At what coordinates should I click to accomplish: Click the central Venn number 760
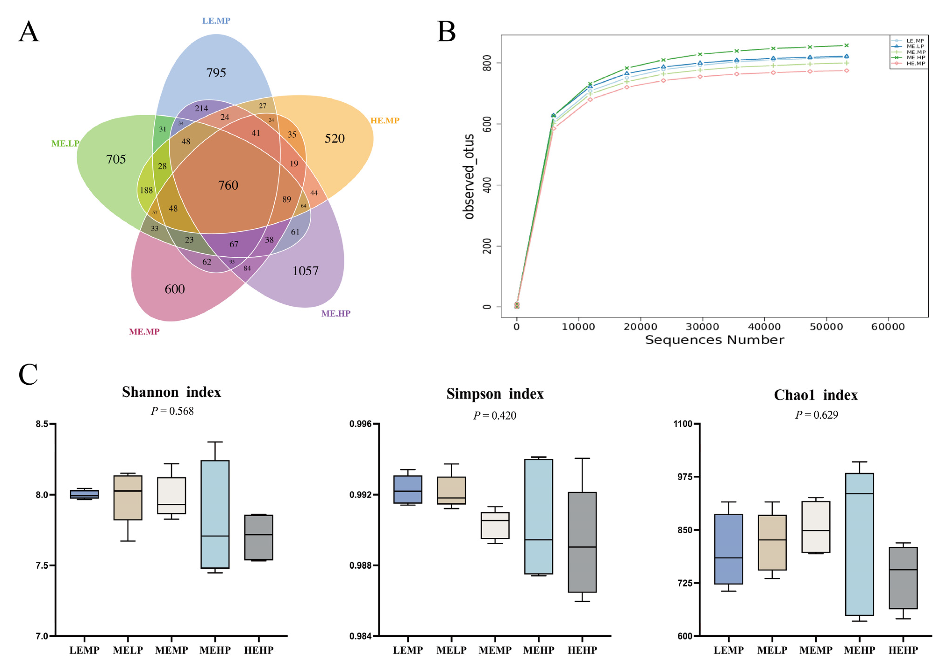[228, 185]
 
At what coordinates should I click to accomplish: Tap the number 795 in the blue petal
[216, 73]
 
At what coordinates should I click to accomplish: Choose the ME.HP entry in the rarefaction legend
[916, 57]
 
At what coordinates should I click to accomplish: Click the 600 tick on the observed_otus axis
[487, 124]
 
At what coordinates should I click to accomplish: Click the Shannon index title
[171, 392]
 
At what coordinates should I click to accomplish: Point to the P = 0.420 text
[495, 416]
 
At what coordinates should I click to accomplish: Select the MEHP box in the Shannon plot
[215, 514]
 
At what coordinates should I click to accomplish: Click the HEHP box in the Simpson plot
[582, 542]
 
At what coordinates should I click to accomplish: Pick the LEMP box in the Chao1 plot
[729, 549]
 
